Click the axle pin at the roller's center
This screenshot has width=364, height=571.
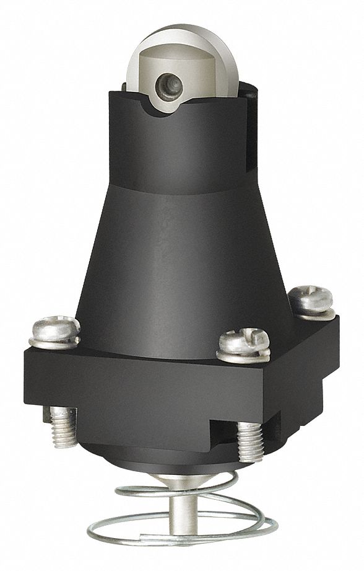[169, 83]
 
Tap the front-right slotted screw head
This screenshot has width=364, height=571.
[245, 340]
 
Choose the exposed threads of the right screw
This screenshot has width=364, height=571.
[250, 441]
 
